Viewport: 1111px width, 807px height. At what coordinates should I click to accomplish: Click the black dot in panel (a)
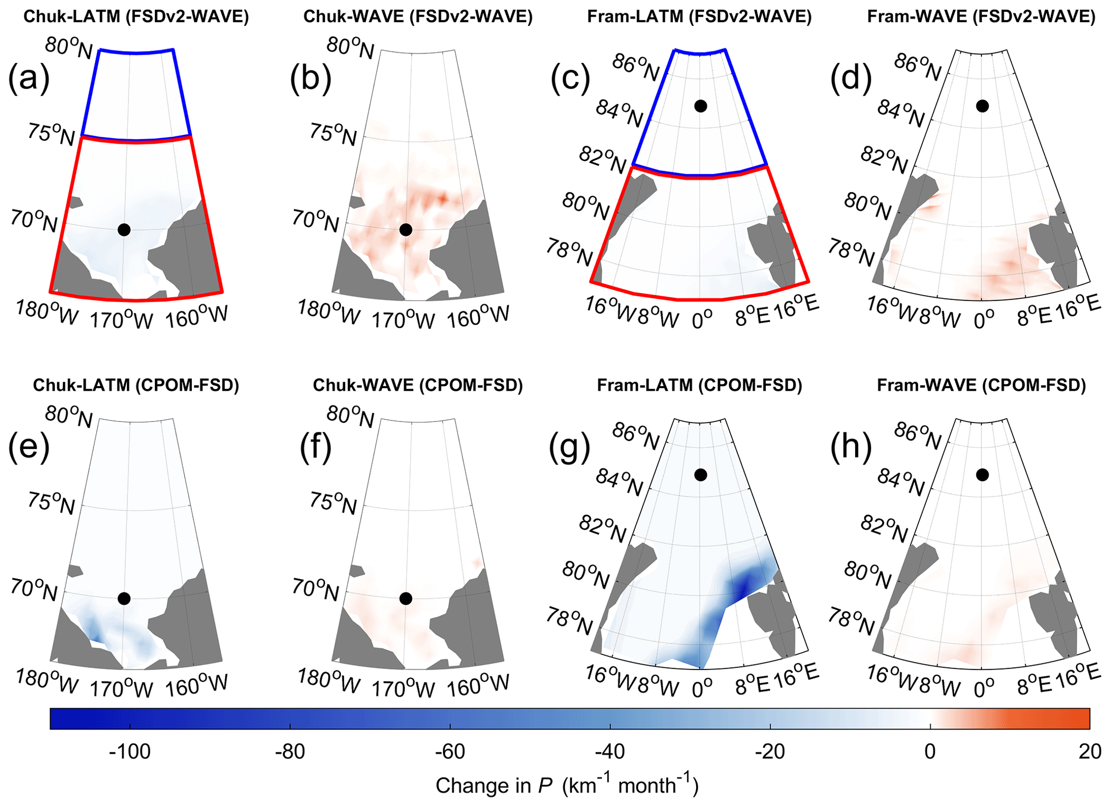124,230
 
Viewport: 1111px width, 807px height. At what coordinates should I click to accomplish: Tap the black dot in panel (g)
700,475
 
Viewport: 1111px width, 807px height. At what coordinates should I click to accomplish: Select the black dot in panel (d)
983,106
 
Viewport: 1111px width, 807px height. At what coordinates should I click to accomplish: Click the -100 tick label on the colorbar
130,751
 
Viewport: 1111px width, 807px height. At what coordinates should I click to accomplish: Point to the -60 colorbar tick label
450,751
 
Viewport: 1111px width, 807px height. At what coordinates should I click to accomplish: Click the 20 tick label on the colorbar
1089,751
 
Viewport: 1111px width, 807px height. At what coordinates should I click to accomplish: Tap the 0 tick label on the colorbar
930,751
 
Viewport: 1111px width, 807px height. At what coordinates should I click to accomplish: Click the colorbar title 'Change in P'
567,785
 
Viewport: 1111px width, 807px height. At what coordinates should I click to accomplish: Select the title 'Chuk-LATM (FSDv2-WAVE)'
136,17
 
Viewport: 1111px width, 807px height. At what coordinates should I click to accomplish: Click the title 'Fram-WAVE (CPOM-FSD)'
981,385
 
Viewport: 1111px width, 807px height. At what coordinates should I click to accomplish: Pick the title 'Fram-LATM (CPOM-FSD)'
699,385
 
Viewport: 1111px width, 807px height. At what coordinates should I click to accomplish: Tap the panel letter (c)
570,78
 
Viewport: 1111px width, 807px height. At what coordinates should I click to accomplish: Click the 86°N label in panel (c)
636,68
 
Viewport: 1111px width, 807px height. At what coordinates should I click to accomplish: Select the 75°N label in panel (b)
333,134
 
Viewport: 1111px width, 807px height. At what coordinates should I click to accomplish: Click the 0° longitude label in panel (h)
984,688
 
